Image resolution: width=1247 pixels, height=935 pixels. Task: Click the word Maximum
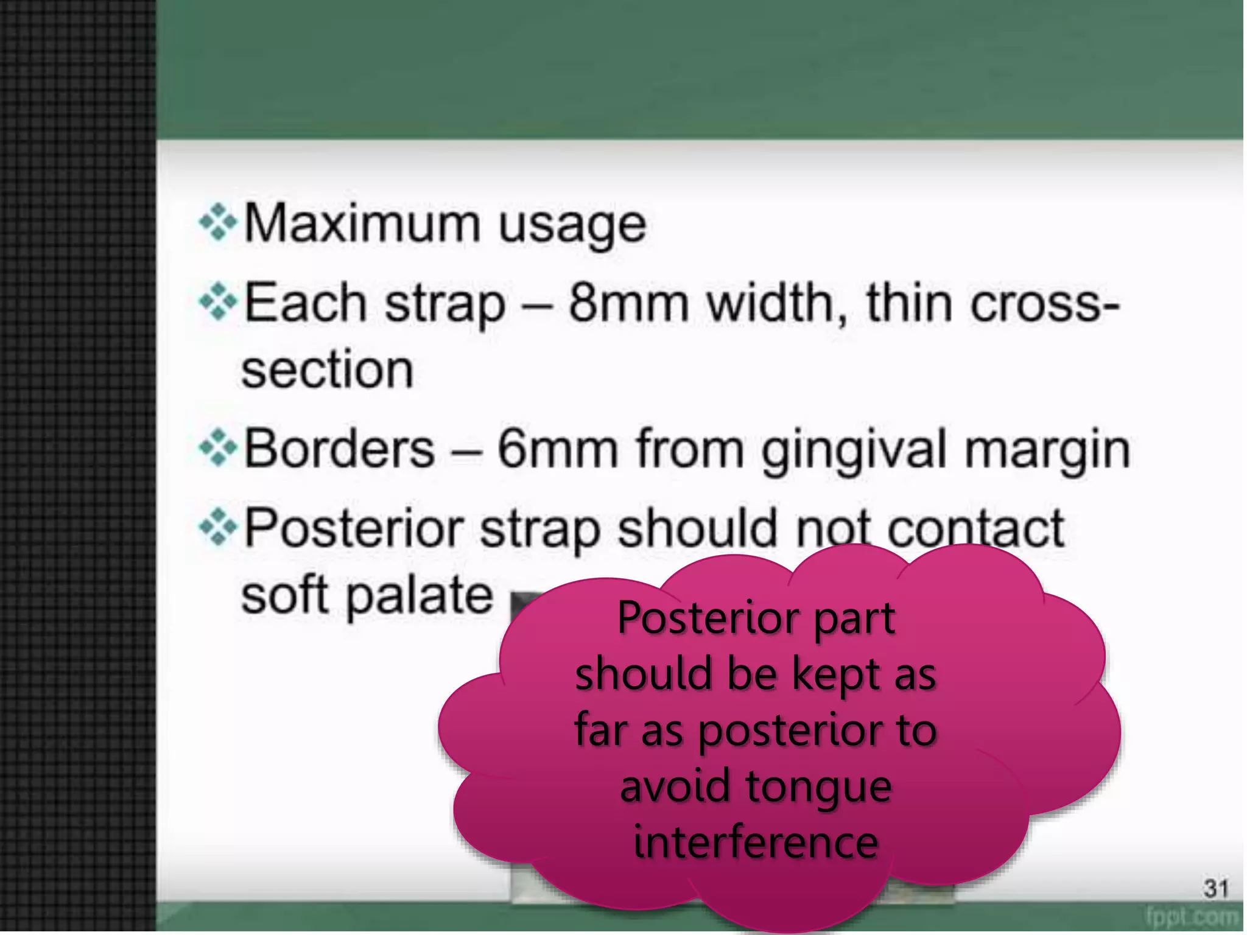pyautogui.click(x=362, y=224)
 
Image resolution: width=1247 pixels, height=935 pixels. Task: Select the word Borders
pyautogui.click(x=339, y=449)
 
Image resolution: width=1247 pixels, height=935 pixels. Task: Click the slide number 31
pyautogui.click(x=1215, y=889)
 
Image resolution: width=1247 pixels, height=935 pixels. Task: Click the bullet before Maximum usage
pyautogui.click(x=217, y=223)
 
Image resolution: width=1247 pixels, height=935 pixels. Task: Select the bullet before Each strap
pyautogui.click(x=217, y=303)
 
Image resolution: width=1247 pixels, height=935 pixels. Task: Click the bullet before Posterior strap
pyautogui.click(x=217, y=528)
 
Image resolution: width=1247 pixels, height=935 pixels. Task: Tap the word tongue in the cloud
pyautogui.click(x=818, y=786)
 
